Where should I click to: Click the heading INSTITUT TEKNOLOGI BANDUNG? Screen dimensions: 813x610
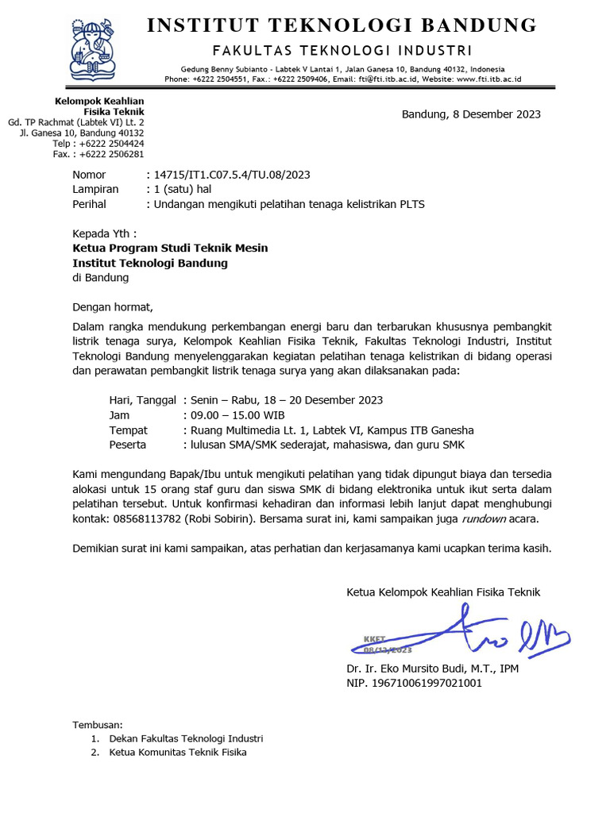(342, 25)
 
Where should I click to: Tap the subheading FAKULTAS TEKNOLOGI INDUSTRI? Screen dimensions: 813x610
(342, 51)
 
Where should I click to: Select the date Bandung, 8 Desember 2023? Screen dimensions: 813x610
(471, 114)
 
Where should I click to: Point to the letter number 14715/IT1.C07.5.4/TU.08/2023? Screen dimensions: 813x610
(230, 175)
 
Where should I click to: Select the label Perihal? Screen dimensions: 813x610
(90, 204)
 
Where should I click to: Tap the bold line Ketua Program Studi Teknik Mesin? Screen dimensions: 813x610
(170, 249)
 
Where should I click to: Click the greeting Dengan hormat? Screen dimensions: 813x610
(112, 306)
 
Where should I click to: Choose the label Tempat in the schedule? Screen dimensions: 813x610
(129, 430)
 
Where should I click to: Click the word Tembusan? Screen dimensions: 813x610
(98, 725)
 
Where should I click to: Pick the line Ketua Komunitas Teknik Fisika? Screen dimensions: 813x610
(178, 752)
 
